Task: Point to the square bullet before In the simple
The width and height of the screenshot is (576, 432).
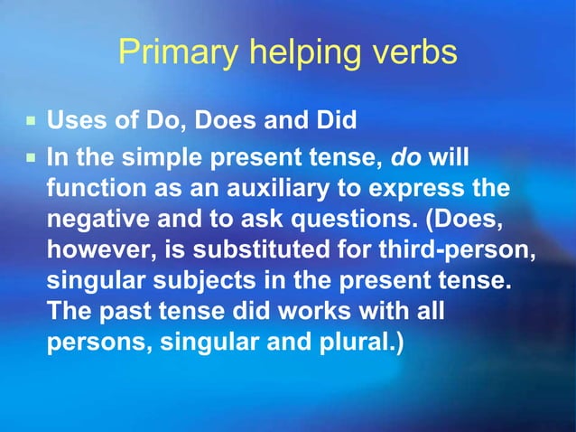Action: coord(31,157)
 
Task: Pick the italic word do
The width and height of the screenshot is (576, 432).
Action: coord(406,156)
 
